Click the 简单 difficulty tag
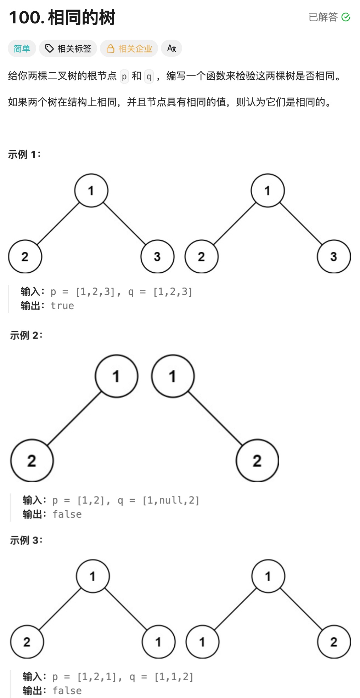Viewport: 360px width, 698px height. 22,49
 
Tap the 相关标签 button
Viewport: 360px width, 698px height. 68,49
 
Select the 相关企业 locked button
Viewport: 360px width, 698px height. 129,49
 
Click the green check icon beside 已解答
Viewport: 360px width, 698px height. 346,17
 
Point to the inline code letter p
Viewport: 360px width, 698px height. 124,76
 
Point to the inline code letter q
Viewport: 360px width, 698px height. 149,76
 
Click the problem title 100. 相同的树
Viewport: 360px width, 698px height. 62,18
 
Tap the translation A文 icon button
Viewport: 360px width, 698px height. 171,49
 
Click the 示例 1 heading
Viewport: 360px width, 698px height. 24,154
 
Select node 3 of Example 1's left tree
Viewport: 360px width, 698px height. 157,256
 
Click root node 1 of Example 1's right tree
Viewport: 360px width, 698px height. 268,191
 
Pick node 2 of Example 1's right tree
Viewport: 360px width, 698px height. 201,256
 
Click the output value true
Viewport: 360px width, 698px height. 62,306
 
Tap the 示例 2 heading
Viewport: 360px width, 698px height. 26,335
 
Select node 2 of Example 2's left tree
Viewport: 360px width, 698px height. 32,460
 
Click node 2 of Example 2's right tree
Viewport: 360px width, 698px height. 257,460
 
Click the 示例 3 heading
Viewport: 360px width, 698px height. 26,540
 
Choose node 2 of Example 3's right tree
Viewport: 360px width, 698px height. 334,642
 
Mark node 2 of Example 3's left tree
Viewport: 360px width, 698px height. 27,642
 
